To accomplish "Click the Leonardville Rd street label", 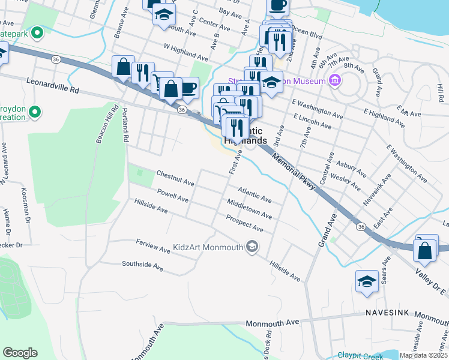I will pyautogui.click(x=53, y=85).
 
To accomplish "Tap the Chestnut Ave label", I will pyautogui.click(x=175, y=178).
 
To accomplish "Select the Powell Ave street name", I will pyautogui.click(x=172, y=196).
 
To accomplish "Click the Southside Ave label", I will pyautogui.click(x=142, y=264).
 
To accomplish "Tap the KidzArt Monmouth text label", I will pyautogui.click(x=207, y=247).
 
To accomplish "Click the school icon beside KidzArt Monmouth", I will pyautogui.click(x=252, y=247).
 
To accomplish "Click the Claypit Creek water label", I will pyautogui.click(x=360, y=355).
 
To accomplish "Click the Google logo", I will pyautogui.click(x=20, y=353).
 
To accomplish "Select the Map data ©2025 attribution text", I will pyautogui.click(x=423, y=355).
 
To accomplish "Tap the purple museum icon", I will pyautogui.click(x=336, y=80).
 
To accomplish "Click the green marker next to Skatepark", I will pyautogui.click(x=37, y=33).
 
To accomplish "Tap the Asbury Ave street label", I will pyautogui.click(x=352, y=169).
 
